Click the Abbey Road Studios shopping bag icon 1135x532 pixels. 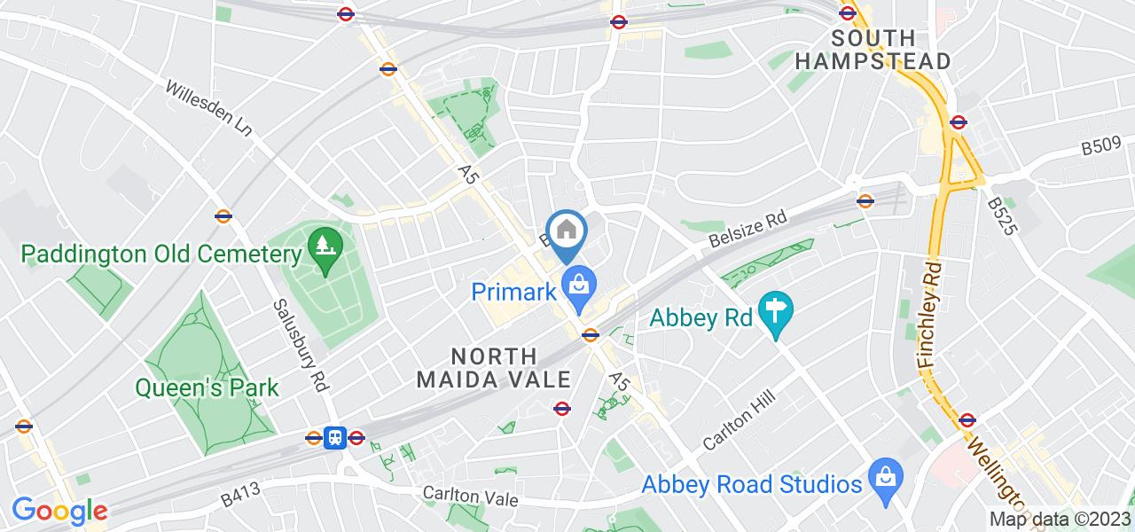click(884, 473)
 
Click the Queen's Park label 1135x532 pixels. click(207, 387)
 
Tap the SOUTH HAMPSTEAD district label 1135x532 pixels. click(873, 50)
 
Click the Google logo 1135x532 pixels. click(59, 511)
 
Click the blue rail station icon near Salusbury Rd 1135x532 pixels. click(335, 437)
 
